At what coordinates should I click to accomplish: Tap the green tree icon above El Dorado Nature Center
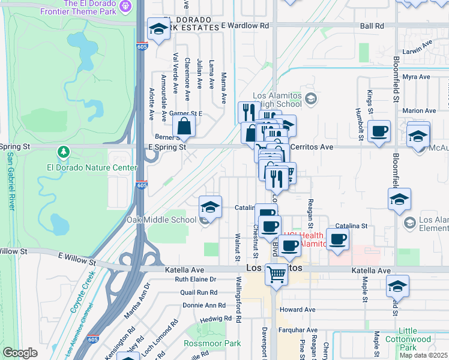click(63, 150)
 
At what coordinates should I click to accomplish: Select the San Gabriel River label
click(10, 180)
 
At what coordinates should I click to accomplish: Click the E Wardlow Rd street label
click(245, 26)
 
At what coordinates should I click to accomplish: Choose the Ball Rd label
click(372, 26)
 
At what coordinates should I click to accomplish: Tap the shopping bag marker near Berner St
click(184, 127)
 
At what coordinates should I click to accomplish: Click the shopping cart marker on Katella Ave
click(276, 274)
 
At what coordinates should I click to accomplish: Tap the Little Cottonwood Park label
click(417, 339)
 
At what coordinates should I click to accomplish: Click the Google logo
click(20, 353)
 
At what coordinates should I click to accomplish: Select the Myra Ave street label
click(417, 77)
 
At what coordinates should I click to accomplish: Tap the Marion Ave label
click(419, 110)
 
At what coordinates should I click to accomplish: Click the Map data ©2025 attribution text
click(423, 355)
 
